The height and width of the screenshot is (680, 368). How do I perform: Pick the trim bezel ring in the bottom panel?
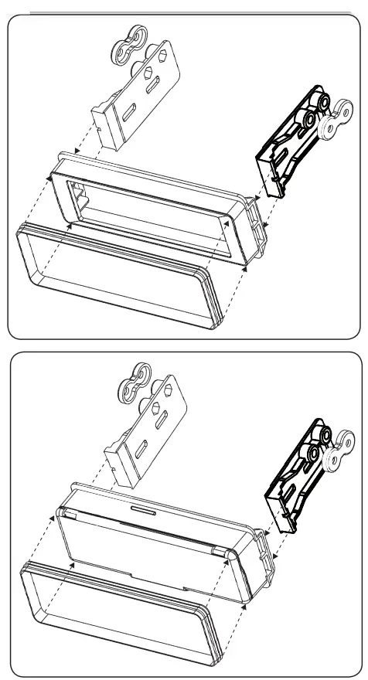point(116,618)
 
